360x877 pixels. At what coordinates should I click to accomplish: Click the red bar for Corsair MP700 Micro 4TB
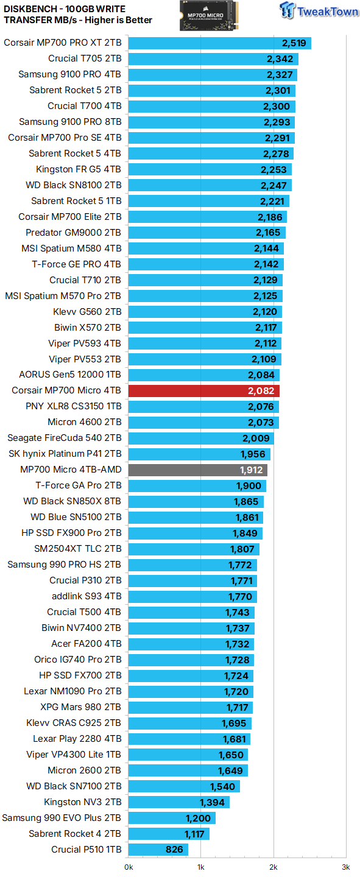coord(203,390)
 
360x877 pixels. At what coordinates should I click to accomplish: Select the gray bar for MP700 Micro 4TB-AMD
coord(197,470)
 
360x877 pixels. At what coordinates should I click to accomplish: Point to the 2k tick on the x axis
coord(273,866)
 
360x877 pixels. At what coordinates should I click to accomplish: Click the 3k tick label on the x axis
coord(345,866)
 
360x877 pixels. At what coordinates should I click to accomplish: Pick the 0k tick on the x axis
coord(129,866)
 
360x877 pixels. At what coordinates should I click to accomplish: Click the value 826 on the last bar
coord(175,850)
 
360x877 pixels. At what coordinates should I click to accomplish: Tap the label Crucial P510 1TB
coord(86,850)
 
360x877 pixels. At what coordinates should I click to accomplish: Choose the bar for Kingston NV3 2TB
coord(178,802)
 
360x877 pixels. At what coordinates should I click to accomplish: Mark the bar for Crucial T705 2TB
coord(213,58)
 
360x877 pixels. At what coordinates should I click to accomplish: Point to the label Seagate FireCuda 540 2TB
coord(64,438)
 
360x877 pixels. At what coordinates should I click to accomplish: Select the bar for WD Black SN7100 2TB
coord(184,786)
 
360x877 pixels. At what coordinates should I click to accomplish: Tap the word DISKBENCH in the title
coord(30,9)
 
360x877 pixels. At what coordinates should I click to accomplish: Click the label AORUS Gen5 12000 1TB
coord(70,375)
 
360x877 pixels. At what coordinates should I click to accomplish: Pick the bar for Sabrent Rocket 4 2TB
coord(169,834)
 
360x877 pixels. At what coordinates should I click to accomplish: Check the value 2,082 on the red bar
coord(261,390)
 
